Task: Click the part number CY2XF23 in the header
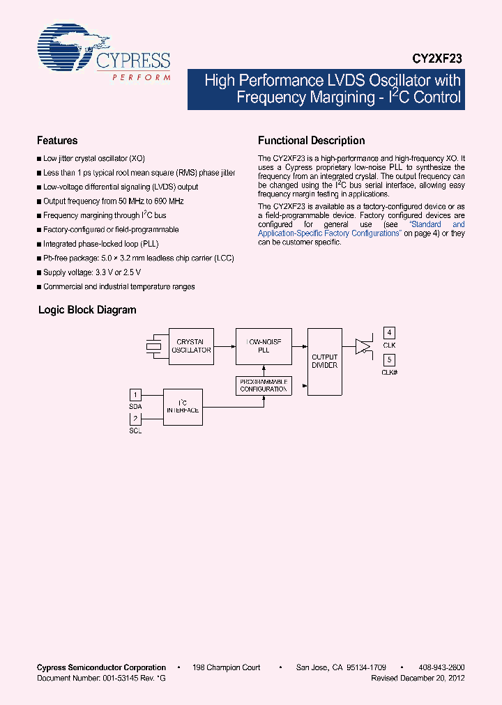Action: [437, 60]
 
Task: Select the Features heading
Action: [57, 141]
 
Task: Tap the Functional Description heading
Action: [311, 141]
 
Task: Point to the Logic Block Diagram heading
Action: [87, 310]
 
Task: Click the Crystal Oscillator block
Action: [192, 346]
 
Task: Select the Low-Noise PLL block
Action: [264, 346]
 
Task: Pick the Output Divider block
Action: [324, 362]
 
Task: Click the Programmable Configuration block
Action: [264, 385]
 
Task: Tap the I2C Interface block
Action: [183, 407]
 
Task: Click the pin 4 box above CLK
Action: [390, 333]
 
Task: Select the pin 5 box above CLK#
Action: [390, 360]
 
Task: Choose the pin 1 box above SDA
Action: [136, 395]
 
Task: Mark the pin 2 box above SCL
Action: [136, 419]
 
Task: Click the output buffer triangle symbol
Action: [363, 346]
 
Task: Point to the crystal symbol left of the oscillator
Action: [153, 346]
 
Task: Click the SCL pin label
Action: [135, 431]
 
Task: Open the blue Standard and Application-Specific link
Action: [329, 233]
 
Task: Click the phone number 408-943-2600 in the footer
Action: [443, 667]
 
